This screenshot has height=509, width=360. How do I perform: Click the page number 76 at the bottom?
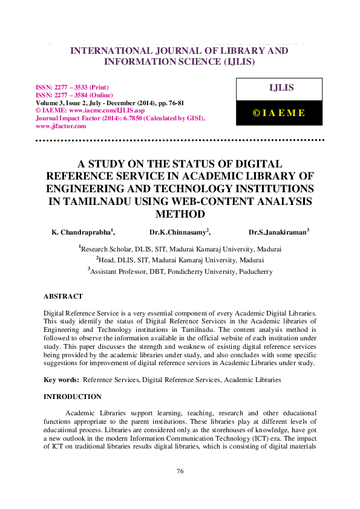[x=180, y=471]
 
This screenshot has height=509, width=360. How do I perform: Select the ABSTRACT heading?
[x=63, y=297]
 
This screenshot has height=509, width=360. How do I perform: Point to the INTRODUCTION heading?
[x=72, y=397]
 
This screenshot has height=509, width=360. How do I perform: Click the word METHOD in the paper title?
[x=180, y=214]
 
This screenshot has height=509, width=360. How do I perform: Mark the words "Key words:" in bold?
[x=61, y=380]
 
